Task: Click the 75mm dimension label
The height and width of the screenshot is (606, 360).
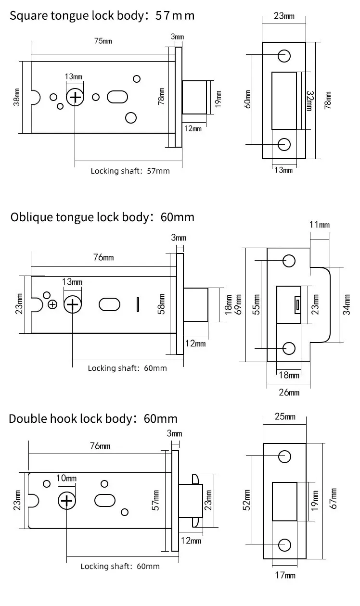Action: click(103, 41)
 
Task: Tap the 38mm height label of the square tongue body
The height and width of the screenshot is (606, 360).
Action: click(16, 97)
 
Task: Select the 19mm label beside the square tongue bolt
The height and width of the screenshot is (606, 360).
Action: click(218, 99)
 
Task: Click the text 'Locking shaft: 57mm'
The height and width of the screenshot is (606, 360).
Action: click(130, 171)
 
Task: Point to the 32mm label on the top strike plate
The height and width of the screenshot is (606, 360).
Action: click(310, 101)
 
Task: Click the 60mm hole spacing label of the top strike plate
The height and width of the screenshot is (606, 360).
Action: click(248, 99)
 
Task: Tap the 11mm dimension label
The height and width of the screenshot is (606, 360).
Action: click(320, 225)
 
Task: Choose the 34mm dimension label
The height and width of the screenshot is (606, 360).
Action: click(347, 304)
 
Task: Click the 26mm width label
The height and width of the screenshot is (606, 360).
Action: click(289, 392)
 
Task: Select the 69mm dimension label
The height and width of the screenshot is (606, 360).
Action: click(238, 304)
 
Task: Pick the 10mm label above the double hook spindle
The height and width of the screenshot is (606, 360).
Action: click(66, 478)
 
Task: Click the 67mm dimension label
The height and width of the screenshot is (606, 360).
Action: click(333, 499)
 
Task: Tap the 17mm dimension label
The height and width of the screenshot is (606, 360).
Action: click(285, 575)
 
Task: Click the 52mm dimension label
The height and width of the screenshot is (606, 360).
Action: click(246, 500)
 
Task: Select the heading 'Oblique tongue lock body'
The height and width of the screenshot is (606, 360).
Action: click(80, 217)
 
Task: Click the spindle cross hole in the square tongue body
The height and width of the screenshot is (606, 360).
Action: click(75, 97)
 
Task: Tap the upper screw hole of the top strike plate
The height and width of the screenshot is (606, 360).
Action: click(284, 56)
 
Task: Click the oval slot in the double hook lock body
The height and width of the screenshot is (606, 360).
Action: click(105, 501)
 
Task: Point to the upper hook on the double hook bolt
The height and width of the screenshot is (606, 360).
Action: click(195, 479)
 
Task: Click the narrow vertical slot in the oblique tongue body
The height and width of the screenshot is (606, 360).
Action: click(138, 304)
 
